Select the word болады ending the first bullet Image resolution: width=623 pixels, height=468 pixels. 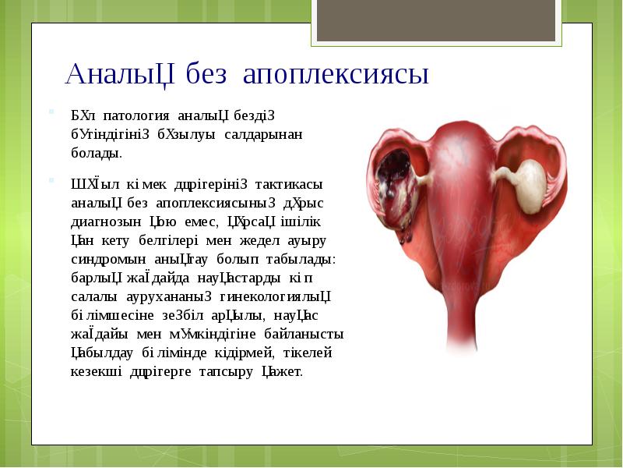(x=96, y=152)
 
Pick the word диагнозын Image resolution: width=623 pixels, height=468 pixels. (x=103, y=221)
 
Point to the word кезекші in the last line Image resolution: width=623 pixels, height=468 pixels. (x=96, y=371)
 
